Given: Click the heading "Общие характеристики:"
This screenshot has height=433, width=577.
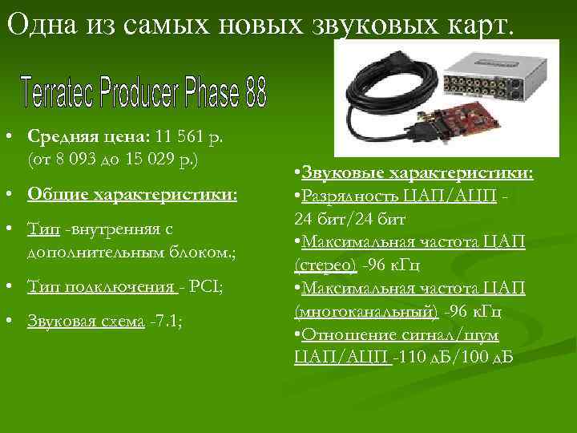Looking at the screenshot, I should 132,195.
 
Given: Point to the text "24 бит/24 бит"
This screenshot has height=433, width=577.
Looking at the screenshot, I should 351,218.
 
